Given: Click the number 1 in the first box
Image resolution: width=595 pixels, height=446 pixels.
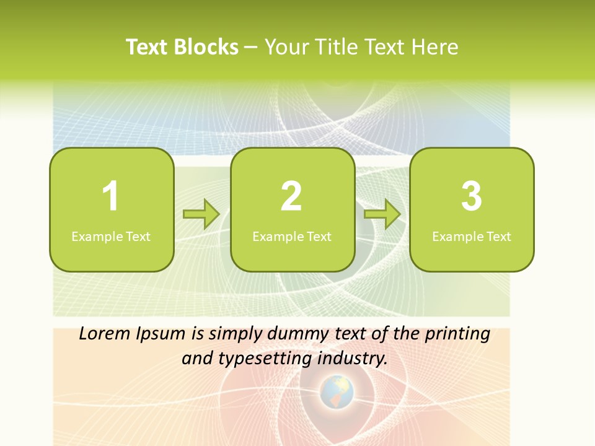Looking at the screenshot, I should point(111,196).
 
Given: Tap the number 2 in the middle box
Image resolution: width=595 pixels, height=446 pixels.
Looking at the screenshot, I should point(291,196).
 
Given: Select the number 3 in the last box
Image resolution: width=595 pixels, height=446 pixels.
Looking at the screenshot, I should point(472,196).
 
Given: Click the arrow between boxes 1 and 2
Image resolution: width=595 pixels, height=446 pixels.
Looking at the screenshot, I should point(201,214).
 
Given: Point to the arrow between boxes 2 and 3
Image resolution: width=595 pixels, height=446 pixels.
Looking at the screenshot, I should point(382,214).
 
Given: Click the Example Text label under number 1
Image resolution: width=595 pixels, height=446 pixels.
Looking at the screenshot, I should point(111,236).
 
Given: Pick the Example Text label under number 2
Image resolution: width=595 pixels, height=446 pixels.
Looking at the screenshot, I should point(292,236).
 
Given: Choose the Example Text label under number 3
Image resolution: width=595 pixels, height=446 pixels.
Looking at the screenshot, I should point(472,236).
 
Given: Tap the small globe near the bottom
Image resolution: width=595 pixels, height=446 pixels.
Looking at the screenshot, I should point(337,391).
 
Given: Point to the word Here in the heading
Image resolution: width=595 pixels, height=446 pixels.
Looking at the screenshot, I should point(436,47).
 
